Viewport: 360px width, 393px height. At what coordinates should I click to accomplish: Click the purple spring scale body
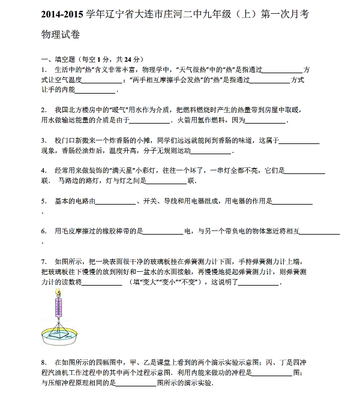[59, 307]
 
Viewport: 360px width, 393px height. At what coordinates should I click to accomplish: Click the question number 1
[43, 70]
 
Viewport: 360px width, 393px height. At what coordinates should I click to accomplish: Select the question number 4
[43, 170]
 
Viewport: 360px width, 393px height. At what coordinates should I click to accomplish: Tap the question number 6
[43, 231]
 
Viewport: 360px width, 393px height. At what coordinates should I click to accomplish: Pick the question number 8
[43, 362]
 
